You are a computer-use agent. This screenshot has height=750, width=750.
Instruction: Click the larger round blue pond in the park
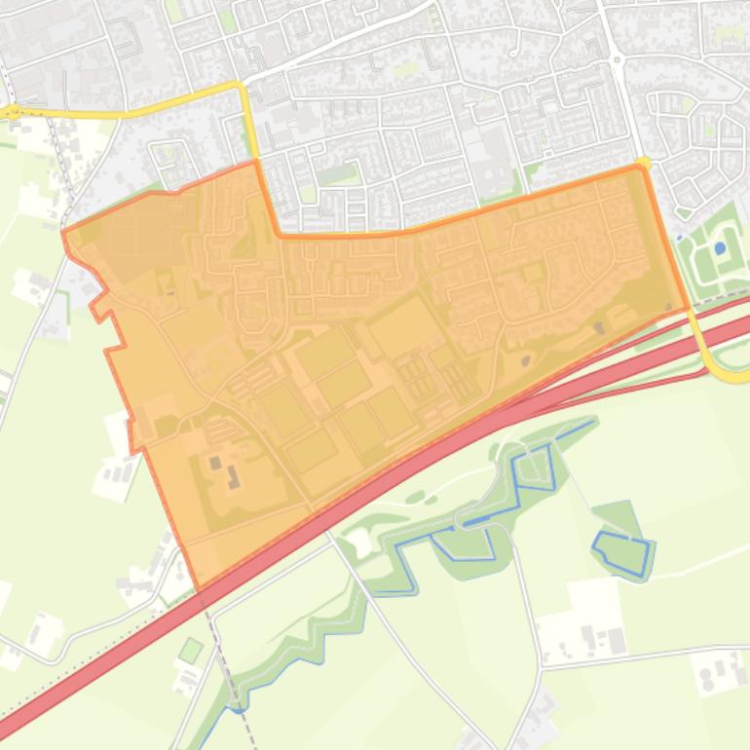(720, 248)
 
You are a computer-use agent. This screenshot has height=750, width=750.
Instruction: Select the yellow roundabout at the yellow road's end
(12, 113)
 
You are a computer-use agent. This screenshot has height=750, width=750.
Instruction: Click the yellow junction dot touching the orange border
(643, 163)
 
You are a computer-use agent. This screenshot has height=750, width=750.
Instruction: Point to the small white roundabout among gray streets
(617, 59)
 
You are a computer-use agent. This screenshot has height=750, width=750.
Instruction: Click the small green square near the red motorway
(191, 649)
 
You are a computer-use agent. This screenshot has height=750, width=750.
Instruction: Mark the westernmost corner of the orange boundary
(63, 232)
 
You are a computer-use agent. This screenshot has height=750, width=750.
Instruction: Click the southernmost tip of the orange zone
(199, 590)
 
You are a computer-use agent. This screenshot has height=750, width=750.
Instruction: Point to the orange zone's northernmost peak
(255, 162)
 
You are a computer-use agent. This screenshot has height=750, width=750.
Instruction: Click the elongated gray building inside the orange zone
(234, 476)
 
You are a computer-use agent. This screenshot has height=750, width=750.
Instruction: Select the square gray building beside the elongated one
(215, 463)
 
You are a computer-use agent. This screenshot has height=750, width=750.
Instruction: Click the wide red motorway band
(390, 487)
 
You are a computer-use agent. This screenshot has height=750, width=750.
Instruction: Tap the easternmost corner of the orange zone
(689, 308)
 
